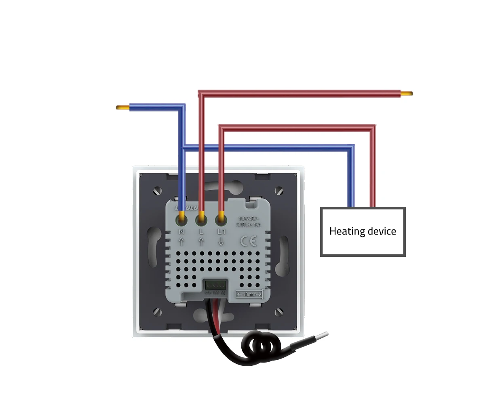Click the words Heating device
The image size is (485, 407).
[x=363, y=231]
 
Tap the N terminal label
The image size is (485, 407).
[x=181, y=232]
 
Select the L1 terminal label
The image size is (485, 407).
[x=221, y=232]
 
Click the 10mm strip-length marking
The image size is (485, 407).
[x=249, y=294]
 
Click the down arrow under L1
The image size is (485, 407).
[x=221, y=242]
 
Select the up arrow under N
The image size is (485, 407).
[x=181, y=242]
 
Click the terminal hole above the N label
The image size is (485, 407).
[x=181, y=220]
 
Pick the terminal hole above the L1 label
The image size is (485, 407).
[x=221, y=220]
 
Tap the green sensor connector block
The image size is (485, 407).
[x=215, y=284]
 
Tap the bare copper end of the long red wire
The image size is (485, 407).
[x=407, y=94]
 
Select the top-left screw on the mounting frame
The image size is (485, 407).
[x=158, y=190]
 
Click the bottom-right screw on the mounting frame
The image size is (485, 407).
[x=279, y=312]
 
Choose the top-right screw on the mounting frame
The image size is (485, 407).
[x=279, y=190]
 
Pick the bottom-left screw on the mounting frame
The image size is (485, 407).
[x=158, y=312]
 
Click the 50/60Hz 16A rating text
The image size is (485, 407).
[x=249, y=224]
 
